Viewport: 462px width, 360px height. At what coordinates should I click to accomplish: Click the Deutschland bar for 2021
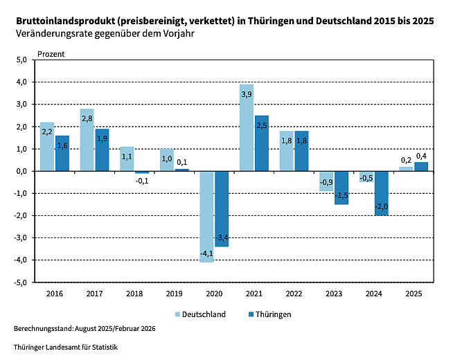coord(246,127)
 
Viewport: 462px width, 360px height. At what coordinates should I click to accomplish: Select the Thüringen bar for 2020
coord(222,208)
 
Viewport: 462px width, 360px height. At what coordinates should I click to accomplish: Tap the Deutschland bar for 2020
coord(206,216)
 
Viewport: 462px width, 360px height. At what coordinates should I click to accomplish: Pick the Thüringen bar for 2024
coord(381,193)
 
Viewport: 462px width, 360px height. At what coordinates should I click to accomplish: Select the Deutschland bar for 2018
coord(127,159)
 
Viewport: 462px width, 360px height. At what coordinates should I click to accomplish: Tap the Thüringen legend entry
coord(269,314)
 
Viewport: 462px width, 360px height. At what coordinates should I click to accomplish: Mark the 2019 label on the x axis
coord(175,294)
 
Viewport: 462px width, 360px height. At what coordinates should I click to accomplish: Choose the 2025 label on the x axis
coord(414,294)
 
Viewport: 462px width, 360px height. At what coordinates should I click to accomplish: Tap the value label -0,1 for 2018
coord(141,181)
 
